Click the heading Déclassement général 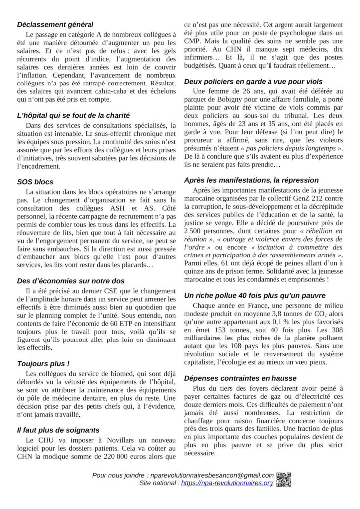[55, 24]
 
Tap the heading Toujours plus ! [43, 363]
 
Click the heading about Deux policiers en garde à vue [253, 81]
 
